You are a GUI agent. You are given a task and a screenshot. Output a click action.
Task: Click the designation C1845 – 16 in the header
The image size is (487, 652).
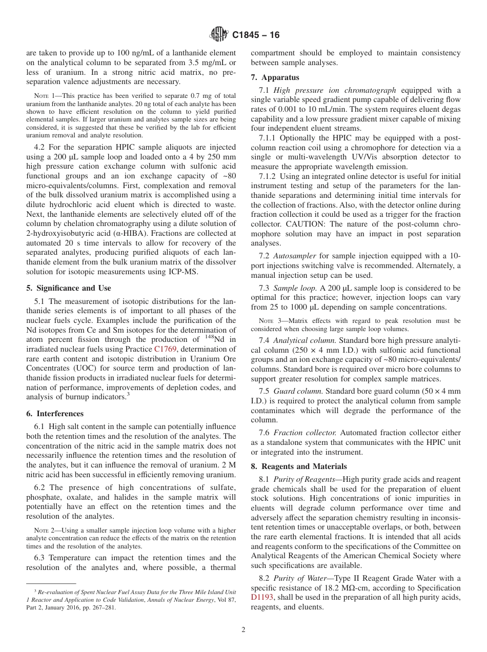pyautogui.click(x=256, y=35)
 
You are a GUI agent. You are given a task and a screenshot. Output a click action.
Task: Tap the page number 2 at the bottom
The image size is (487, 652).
pyautogui.click(x=243, y=630)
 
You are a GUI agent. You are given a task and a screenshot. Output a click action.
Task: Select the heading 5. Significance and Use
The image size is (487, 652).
pyautogui.click(x=68, y=288)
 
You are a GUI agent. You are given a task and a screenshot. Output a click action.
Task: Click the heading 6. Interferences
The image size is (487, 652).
pyautogui.click(x=55, y=414)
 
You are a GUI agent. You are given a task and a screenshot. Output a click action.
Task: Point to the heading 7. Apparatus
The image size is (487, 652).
pyautogui.click(x=275, y=78)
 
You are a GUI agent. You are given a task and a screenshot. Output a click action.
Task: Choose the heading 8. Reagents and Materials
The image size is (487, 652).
pyautogui.click(x=299, y=466)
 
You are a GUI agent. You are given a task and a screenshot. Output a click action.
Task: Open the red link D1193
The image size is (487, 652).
pyautogui.click(x=262, y=597)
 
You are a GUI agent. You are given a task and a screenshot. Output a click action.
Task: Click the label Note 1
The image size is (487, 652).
pyautogui.click(x=44, y=96)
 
